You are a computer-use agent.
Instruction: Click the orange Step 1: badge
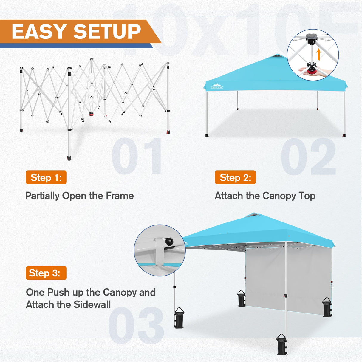(x=46, y=177)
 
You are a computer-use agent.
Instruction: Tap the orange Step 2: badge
(x=235, y=177)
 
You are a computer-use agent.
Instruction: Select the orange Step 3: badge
(x=46, y=273)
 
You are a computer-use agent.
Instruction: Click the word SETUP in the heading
(x=107, y=32)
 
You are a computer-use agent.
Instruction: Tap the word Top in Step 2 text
(x=307, y=196)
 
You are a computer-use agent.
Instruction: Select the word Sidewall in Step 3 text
(x=92, y=304)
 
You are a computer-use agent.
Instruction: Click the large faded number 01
(x=137, y=157)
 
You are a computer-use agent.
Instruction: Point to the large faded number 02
(x=308, y=157)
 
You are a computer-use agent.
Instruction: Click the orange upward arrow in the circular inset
(x=318, y=54)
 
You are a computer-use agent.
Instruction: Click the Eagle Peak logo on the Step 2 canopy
(x=217, y=86)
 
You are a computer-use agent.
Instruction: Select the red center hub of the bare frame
(x=91, y=114)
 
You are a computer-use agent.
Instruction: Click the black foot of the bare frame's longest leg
(x=69, y=157)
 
